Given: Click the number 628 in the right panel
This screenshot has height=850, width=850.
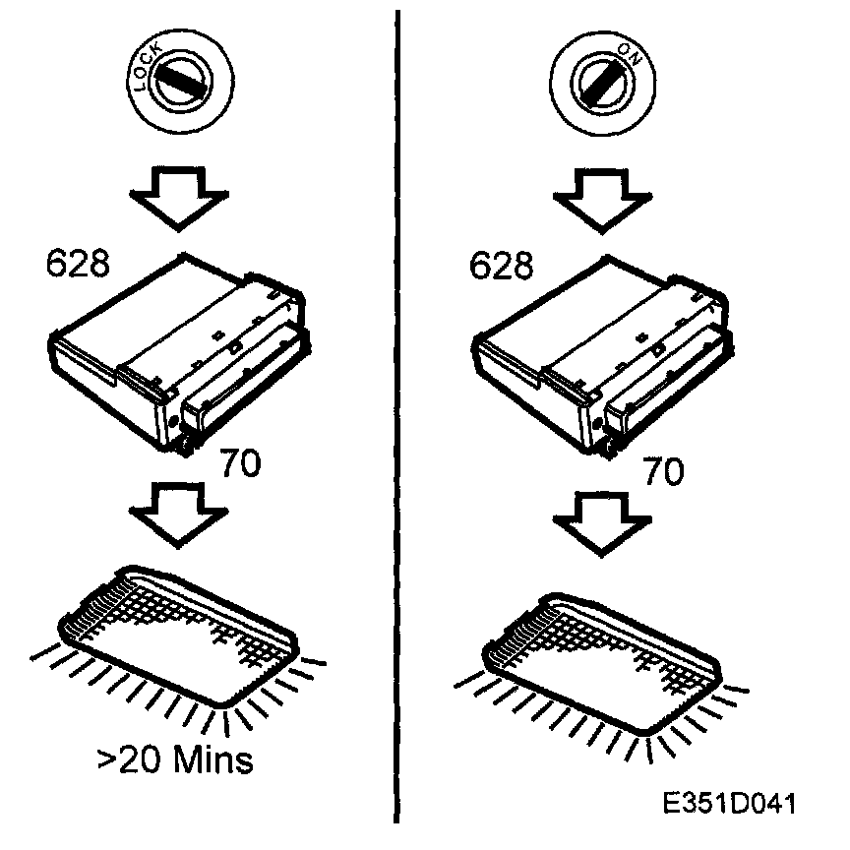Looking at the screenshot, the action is pos(501,265).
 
